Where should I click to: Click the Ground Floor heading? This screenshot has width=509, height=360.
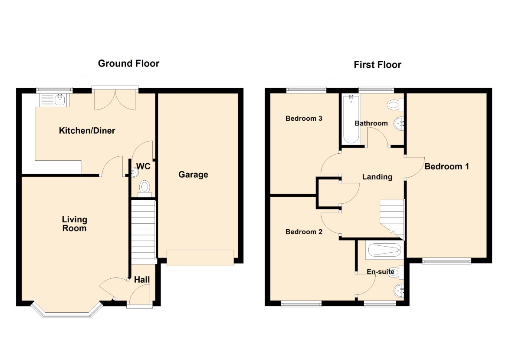(x=128, y=63)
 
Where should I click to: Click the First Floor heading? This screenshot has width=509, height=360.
(x=377, y=65)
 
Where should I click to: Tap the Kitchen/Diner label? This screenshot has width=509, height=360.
(x=87, y=131)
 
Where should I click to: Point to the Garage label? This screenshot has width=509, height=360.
(x=193, y=175)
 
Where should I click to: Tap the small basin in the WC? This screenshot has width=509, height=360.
(x=135, y=172)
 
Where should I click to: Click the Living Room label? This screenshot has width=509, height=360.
(x=74, y=224)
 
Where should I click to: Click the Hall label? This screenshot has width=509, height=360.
(x=142, y=280)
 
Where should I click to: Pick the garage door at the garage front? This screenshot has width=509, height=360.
(x=200, y=258)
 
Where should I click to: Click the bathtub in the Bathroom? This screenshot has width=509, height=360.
(x=351, y=119)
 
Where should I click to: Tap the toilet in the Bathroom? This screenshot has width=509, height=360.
(x=395, y=105)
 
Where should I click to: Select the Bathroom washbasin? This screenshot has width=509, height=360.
(x=399, y=123)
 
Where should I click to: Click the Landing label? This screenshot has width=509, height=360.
(x=377, y=177)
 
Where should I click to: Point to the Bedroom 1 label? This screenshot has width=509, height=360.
(x=447, y=166)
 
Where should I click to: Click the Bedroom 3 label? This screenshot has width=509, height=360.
(x=304, y=119)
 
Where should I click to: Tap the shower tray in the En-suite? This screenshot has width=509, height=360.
(x=384, y=250)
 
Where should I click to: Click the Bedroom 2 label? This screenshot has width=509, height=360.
(x=304, y=231)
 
